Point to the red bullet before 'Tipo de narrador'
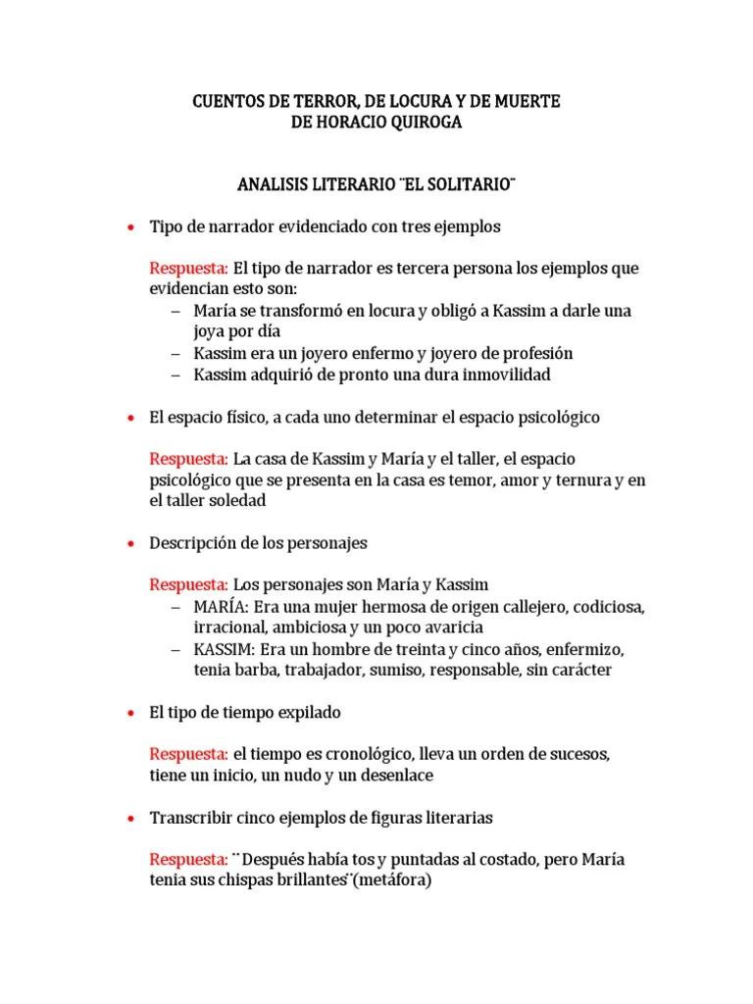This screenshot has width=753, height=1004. pyautogui.click(x=130, y=227)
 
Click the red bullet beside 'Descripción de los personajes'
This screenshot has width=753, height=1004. pyautogui.click(x=130, y=543)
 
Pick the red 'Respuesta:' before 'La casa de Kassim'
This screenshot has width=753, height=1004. pyautogui.click(x=188, y=459)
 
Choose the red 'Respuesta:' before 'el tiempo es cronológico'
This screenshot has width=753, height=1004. pyautogui.click(x=188, y=754)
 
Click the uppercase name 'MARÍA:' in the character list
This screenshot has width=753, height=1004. pyautogui.click(x=220, y=607)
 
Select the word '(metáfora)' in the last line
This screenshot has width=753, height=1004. pyautogui.click(x=392, y=880)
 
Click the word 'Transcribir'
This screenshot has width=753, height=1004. pyautogui.click(x=186, y=818)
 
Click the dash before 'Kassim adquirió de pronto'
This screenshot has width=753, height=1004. pyautogui.click(x=176, y=374)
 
